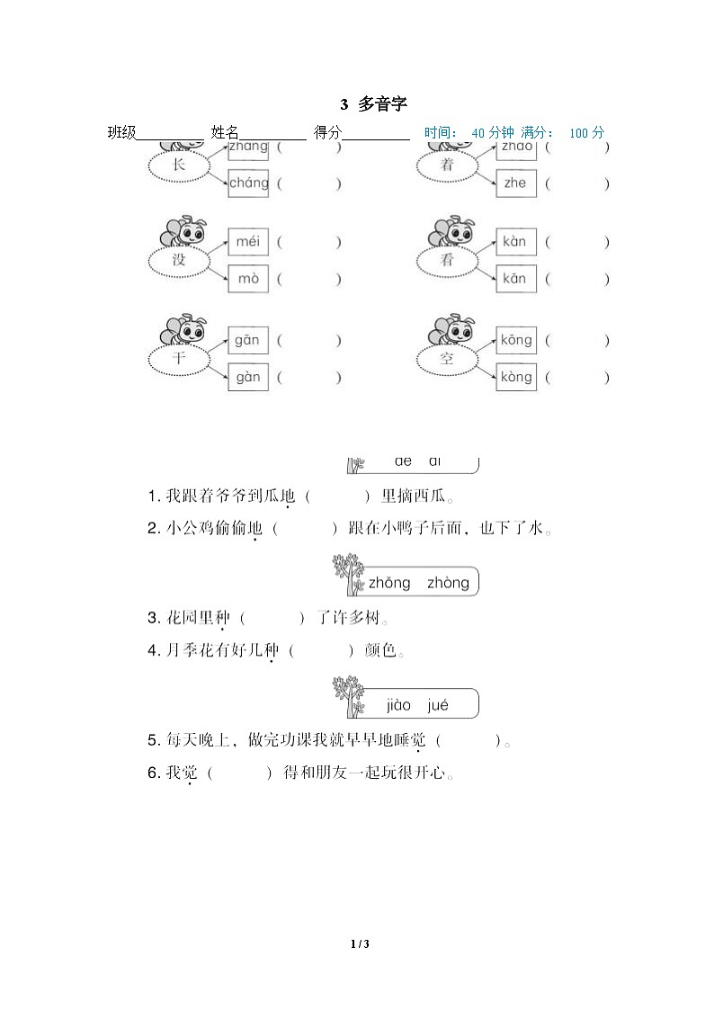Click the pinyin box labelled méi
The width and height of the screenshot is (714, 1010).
tap(247, 242)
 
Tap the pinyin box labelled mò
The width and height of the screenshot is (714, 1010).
tap(247, 279)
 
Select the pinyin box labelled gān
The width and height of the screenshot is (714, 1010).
tap(247, 341)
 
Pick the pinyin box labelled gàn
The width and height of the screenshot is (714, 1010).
tap(247, 378)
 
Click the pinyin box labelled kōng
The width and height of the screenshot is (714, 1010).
tap(516, 341)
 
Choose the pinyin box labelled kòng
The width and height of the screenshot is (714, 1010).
tap(516, 378)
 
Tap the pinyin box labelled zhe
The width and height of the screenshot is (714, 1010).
tap(516, 183)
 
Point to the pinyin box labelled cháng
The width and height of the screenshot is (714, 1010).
tap(248, 183)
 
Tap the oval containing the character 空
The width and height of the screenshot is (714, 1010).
tap(447, 359)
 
